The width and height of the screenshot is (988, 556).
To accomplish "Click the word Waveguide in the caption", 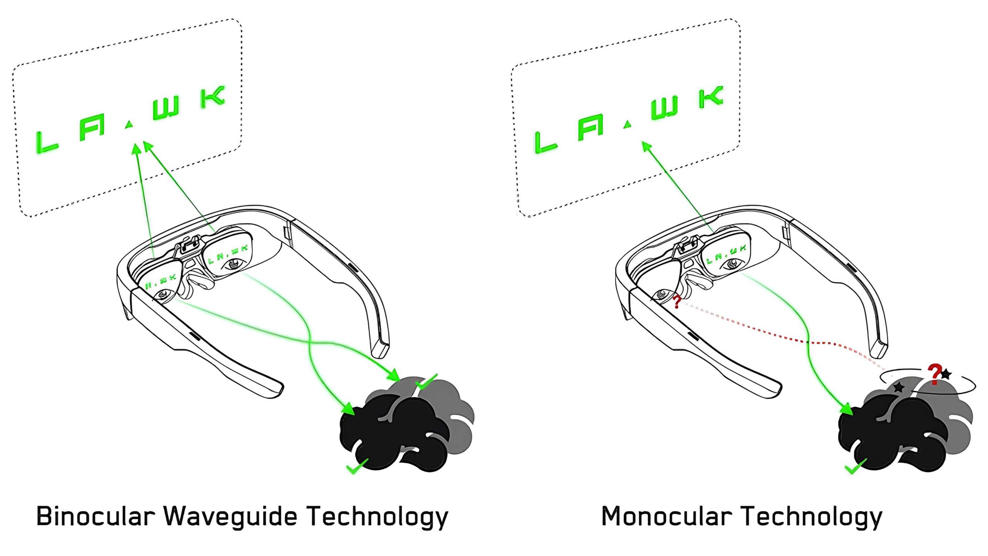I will tap(230, 516).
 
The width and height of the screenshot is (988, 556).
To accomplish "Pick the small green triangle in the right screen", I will tap(628, 124).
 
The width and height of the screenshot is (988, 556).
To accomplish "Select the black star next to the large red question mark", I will tap(946, 374).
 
